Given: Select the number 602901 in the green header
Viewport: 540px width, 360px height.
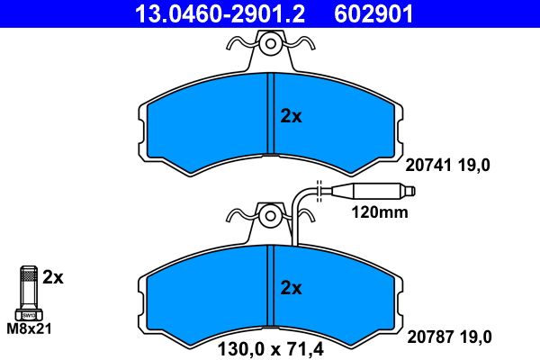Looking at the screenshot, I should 373,13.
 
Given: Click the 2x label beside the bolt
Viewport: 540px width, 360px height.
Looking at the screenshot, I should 54,277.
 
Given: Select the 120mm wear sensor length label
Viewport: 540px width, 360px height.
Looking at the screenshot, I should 377,213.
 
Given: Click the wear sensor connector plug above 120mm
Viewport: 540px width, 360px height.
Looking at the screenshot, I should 370,191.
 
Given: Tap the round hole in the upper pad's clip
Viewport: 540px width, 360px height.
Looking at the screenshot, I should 270,42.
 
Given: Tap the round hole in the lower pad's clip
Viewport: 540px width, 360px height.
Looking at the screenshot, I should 270,215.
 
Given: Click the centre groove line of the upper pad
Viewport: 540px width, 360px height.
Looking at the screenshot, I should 270,117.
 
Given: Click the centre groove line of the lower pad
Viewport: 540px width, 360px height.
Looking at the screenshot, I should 270,288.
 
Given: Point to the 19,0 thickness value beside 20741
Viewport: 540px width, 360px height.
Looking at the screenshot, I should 477,165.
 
